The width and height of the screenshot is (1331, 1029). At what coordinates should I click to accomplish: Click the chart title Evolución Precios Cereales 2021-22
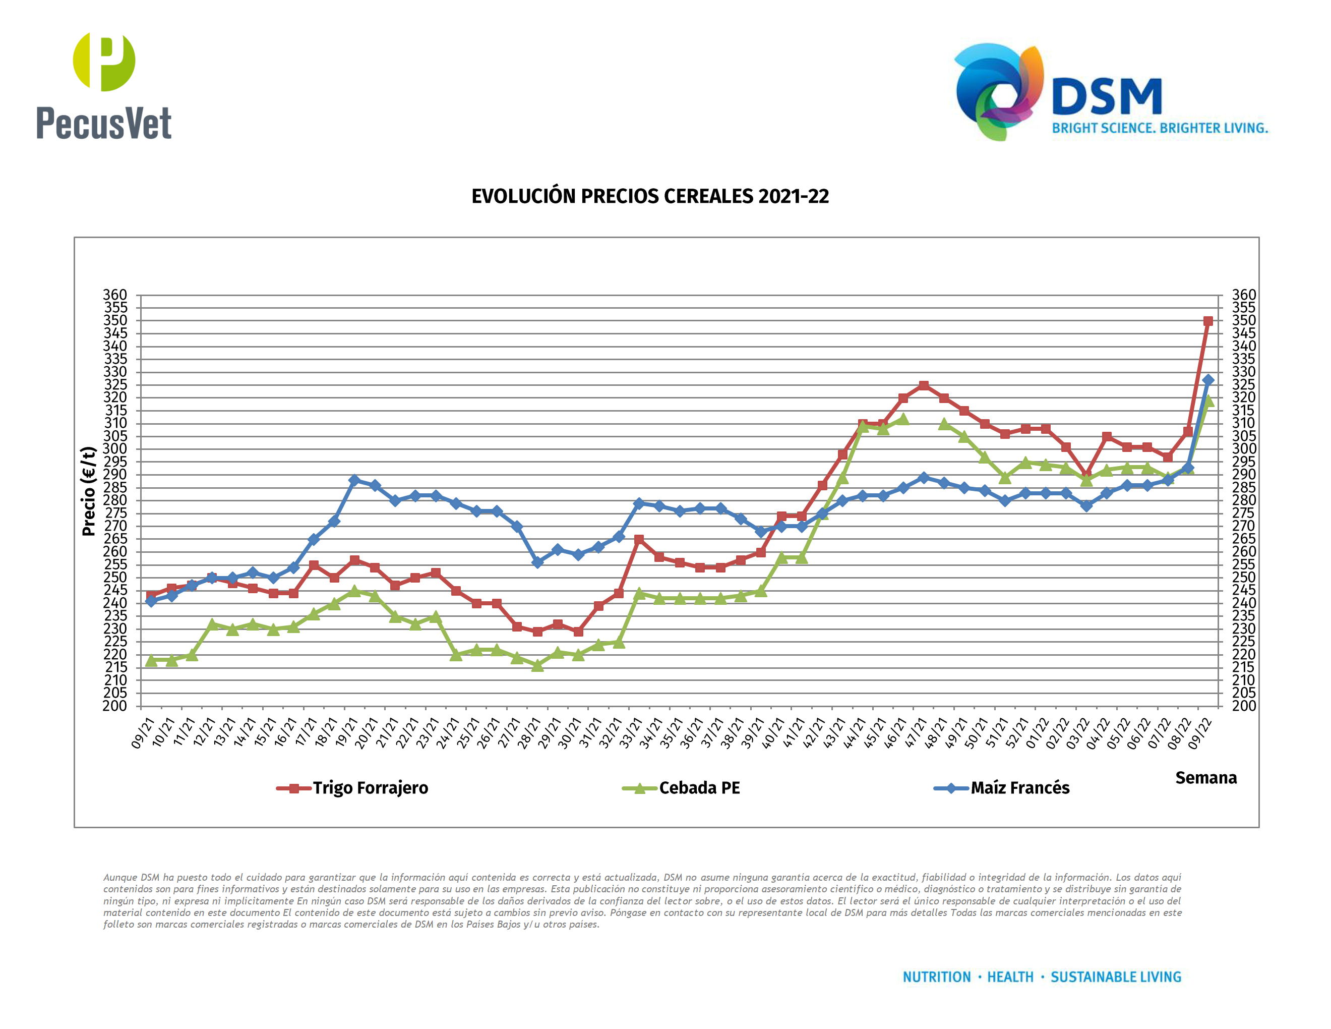point(650,196)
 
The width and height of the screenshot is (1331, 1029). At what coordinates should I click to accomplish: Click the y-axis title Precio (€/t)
point(89,491)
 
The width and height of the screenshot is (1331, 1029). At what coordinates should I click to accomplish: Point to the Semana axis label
point(1205,778)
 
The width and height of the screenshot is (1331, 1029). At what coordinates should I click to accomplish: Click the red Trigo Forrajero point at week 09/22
point(1208,321)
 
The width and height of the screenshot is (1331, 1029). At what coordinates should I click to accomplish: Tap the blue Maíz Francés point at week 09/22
point(1208,380)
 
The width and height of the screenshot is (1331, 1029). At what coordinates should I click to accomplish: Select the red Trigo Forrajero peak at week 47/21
point(923,385)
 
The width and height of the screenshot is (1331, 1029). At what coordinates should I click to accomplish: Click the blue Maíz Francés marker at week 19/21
point(354,480)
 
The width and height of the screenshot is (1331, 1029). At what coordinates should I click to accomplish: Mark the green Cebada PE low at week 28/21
point(537,666)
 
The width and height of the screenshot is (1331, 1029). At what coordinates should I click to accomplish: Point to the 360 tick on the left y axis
point(115,295)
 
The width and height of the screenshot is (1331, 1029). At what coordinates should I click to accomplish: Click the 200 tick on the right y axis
point(1243,706)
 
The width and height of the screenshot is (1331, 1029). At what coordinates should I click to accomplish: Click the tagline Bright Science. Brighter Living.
point(1160,129)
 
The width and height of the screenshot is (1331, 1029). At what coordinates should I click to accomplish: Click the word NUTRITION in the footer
point(937,977)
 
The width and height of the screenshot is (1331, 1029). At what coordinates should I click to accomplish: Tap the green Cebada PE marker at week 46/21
point(902,419)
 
